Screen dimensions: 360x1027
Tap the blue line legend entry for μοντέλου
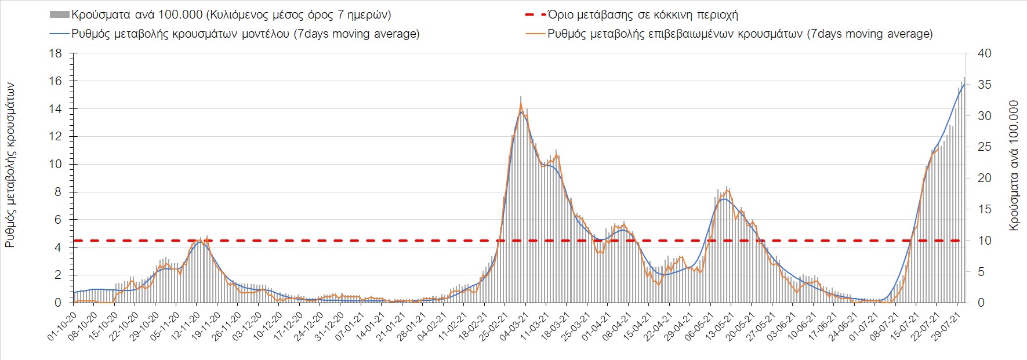[x=60, y=34]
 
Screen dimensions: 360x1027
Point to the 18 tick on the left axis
[x=56, y=53]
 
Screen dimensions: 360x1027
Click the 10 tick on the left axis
[x=56, y=164]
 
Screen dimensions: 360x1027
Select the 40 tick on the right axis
[x=984, y=53]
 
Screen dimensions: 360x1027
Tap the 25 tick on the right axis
[x=984, y=147]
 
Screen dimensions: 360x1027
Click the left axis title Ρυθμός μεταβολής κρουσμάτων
[x=10, y=165]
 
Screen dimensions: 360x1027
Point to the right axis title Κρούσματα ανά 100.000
[x=1014, y=165]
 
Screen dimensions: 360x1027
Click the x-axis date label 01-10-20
[x=63, y=326]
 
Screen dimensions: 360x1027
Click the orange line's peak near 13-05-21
[x=727, y=187]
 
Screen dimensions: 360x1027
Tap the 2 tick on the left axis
[x=58, y=275]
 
